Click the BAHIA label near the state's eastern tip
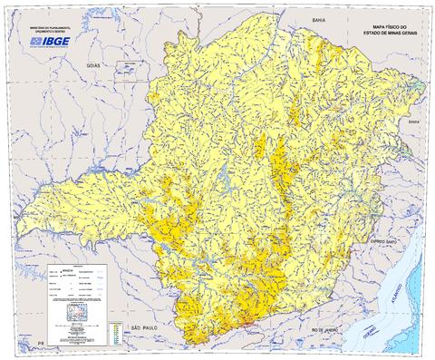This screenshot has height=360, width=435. [414, 121]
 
